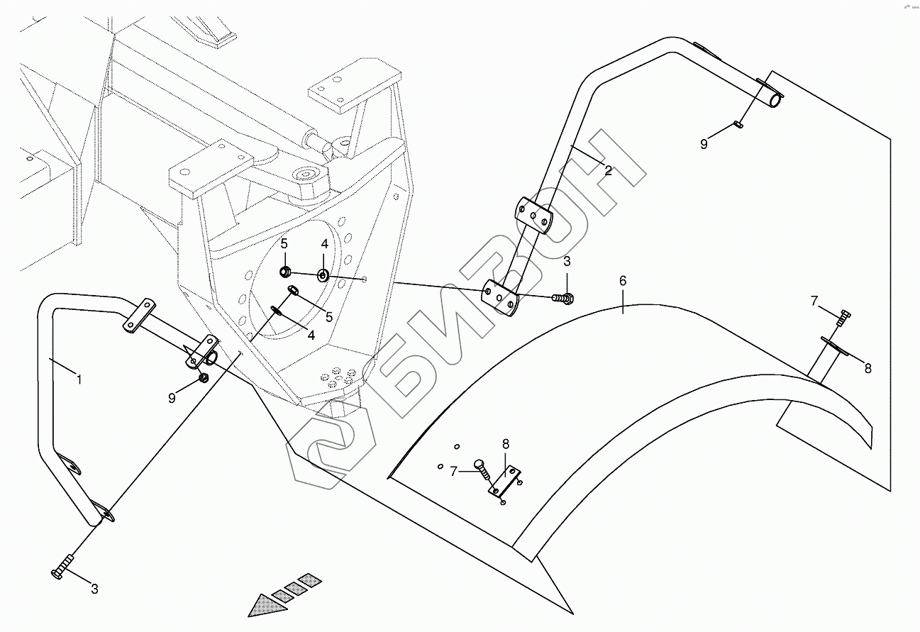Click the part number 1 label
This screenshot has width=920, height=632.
pos(79,380)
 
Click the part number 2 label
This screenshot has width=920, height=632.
pos(608,170)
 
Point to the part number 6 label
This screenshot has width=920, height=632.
pos(623,281)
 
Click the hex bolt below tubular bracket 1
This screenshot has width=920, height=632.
pos(62,568)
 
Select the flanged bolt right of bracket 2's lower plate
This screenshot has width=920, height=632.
pos(565,299)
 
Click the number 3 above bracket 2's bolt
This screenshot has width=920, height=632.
pos(567,262)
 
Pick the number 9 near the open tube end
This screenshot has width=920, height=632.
pos(704,144)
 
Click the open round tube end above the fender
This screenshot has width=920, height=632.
pos(775,101)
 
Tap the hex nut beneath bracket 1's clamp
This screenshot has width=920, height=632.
pos(204,378)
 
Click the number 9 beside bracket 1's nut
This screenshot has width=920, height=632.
pos(172,398)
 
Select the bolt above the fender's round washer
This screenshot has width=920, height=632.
pos(842,317)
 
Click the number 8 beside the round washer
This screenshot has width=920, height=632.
pos(868,368)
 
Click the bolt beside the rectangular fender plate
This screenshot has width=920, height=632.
pos(481,468)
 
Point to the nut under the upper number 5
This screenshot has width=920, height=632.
pos(285,272)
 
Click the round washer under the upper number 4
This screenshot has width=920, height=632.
pos(323,275)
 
